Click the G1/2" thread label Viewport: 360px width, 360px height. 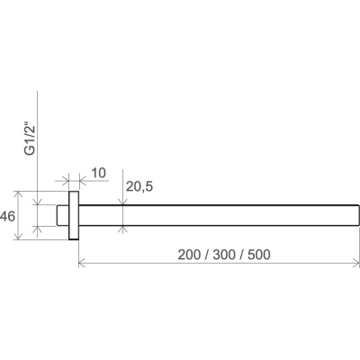(31, 139)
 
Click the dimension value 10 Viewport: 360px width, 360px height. (98, 173)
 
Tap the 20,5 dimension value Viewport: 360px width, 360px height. (139, 187)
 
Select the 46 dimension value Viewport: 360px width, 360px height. (7, 216)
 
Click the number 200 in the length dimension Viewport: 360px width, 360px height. (189, 255)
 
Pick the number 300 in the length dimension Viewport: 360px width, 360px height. (224, 255)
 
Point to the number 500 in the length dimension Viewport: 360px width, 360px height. (259, 255)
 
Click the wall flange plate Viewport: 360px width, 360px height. (74, 215)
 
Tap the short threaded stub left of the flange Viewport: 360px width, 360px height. (63, 215)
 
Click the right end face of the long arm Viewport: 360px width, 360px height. (359, 215)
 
